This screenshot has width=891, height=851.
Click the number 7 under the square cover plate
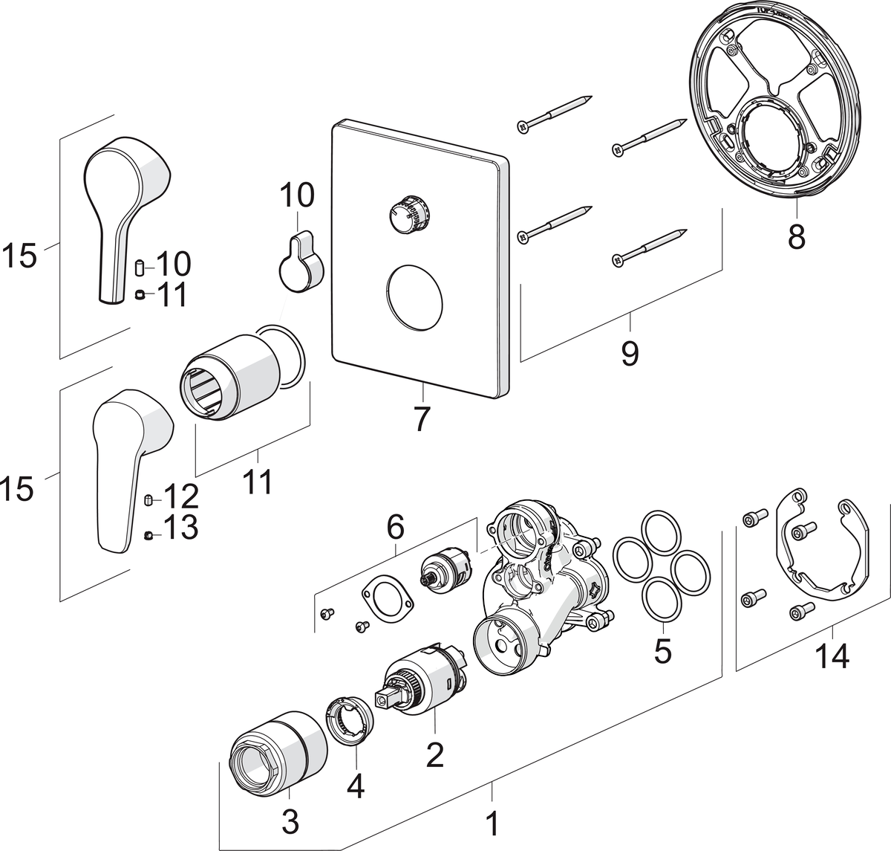pos(421,418)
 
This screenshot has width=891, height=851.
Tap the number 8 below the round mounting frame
pos(796,238)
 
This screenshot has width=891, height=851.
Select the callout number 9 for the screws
pos(630,352)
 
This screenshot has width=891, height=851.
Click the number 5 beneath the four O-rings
pos(662,651)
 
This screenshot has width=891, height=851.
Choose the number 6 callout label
pos(395,528)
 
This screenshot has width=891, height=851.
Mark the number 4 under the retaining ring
pos(356,786)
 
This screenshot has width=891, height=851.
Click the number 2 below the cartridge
pos(434,754)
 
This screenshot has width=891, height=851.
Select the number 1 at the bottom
pos(492,824)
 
